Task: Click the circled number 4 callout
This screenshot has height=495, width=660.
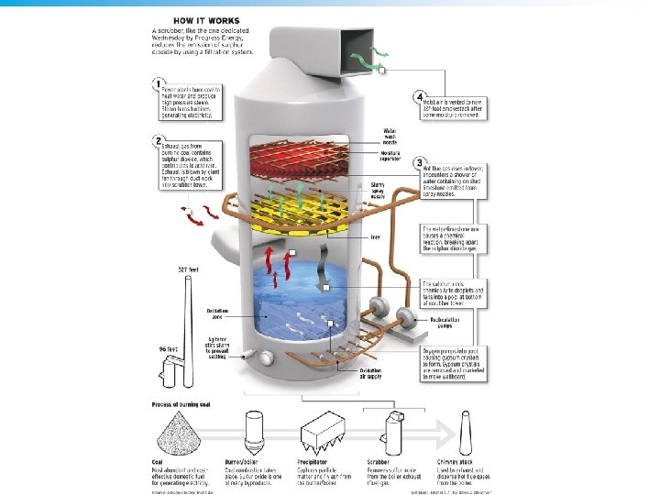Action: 418,96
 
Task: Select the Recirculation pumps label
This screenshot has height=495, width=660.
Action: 442,322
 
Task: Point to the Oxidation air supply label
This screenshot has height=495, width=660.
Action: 371,372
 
